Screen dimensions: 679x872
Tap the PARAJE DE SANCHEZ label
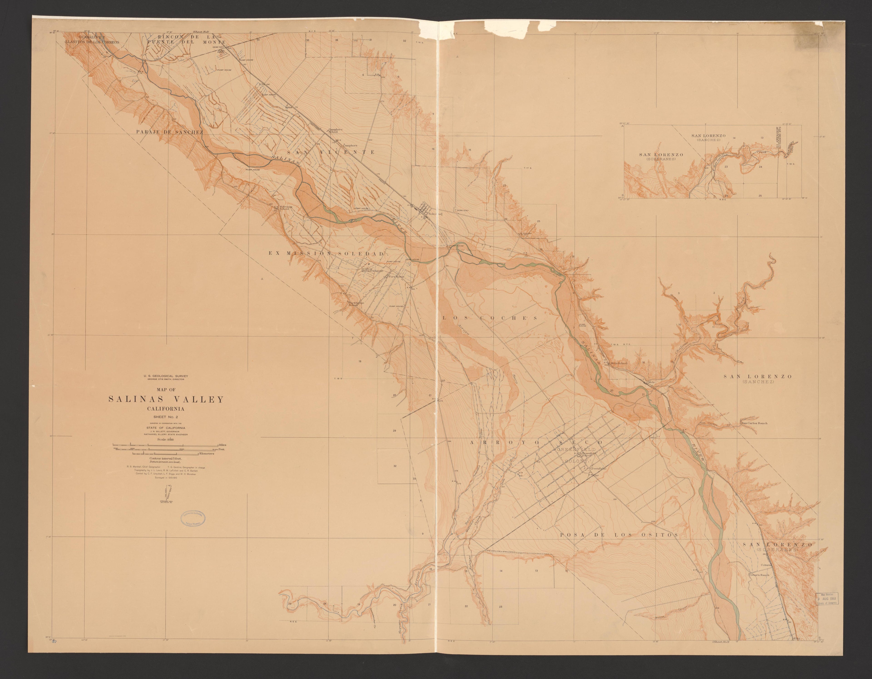click(x=169, y=132)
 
